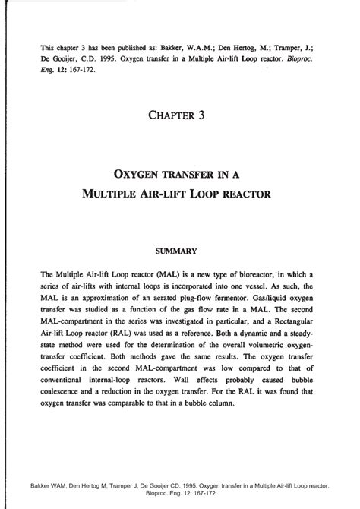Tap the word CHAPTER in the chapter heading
pos(169,115)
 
